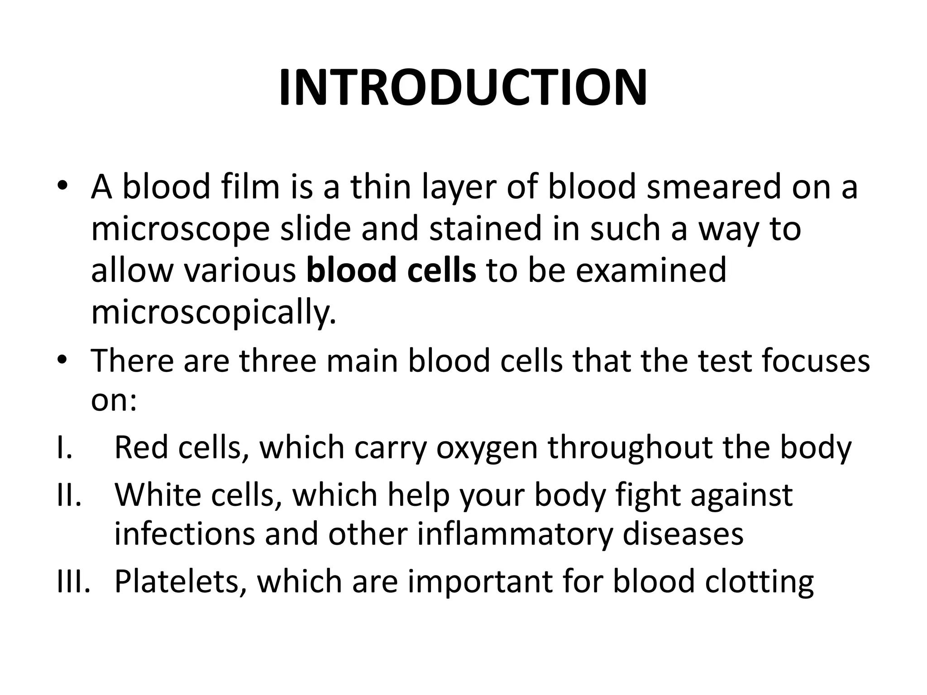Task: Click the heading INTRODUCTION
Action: pos(463,88)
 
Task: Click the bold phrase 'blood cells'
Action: pos(391,270)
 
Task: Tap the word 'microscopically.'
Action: pos(214,313)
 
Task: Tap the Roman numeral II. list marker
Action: pos(69,495)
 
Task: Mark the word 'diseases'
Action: pos(683,534)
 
